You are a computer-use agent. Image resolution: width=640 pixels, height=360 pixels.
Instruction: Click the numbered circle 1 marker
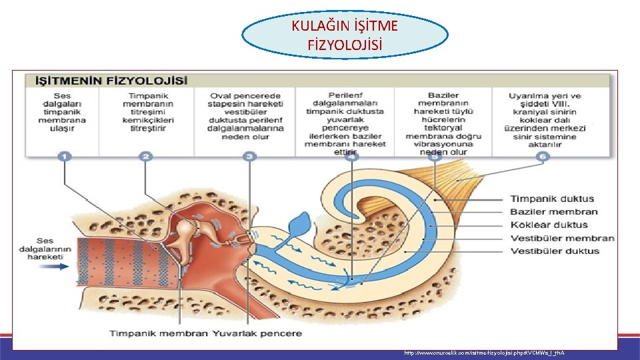click(65, 157)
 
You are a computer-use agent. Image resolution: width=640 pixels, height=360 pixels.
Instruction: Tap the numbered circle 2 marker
click(146, 157)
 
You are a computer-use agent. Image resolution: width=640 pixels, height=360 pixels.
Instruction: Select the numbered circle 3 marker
click(249, 157)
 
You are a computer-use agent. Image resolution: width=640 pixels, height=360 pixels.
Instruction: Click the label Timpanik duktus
click(551, 199)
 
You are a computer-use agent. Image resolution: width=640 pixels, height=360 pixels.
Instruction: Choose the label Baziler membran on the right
click(554, 212)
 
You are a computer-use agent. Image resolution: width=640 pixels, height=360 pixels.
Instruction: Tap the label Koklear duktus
click(549, 225)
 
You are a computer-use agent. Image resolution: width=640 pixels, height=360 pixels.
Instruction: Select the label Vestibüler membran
click(562, 238)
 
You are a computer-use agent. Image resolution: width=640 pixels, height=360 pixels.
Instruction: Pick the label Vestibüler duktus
click(555, 251)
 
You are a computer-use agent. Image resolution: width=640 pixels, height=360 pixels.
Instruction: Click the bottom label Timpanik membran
click(159, 333)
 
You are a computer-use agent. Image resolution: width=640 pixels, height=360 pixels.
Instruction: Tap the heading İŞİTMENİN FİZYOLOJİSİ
click(107, 81)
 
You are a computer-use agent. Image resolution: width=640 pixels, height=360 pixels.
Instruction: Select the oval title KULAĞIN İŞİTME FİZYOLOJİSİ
click(345, 36)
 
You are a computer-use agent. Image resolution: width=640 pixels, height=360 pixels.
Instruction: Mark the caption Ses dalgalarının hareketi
click(45, 249)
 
